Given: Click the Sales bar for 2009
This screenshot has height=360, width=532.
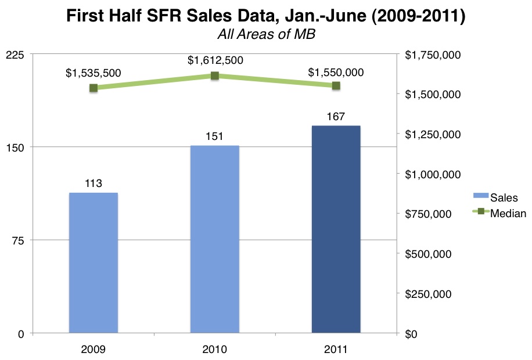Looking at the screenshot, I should pos(94,262).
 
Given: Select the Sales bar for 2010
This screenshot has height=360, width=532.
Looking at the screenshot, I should pos(215,239).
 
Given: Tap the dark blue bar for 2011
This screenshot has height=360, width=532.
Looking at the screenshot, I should pos(336,229).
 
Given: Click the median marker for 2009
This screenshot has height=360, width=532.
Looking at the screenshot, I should pos(94,88).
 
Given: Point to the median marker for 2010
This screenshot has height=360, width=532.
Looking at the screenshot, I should pos(215,75).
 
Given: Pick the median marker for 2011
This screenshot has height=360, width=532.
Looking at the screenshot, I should pos(336,86).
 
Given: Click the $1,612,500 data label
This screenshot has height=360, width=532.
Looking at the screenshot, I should pos(215,60).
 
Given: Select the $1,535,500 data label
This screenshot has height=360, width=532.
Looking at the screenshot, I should pos(93,73).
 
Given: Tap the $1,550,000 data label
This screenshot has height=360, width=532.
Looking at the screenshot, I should pos(336,72).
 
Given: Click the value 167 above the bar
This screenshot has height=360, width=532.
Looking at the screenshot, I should pos(336,117).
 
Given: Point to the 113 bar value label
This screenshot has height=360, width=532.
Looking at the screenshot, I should pos(94,183).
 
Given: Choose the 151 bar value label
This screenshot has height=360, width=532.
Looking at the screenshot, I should pos(215,137).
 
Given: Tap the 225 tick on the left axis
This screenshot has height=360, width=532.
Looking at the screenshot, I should pos(15,55).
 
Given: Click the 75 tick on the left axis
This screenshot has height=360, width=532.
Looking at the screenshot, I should pos(19,240).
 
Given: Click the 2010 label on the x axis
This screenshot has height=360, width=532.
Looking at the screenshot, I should pos(215,350).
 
